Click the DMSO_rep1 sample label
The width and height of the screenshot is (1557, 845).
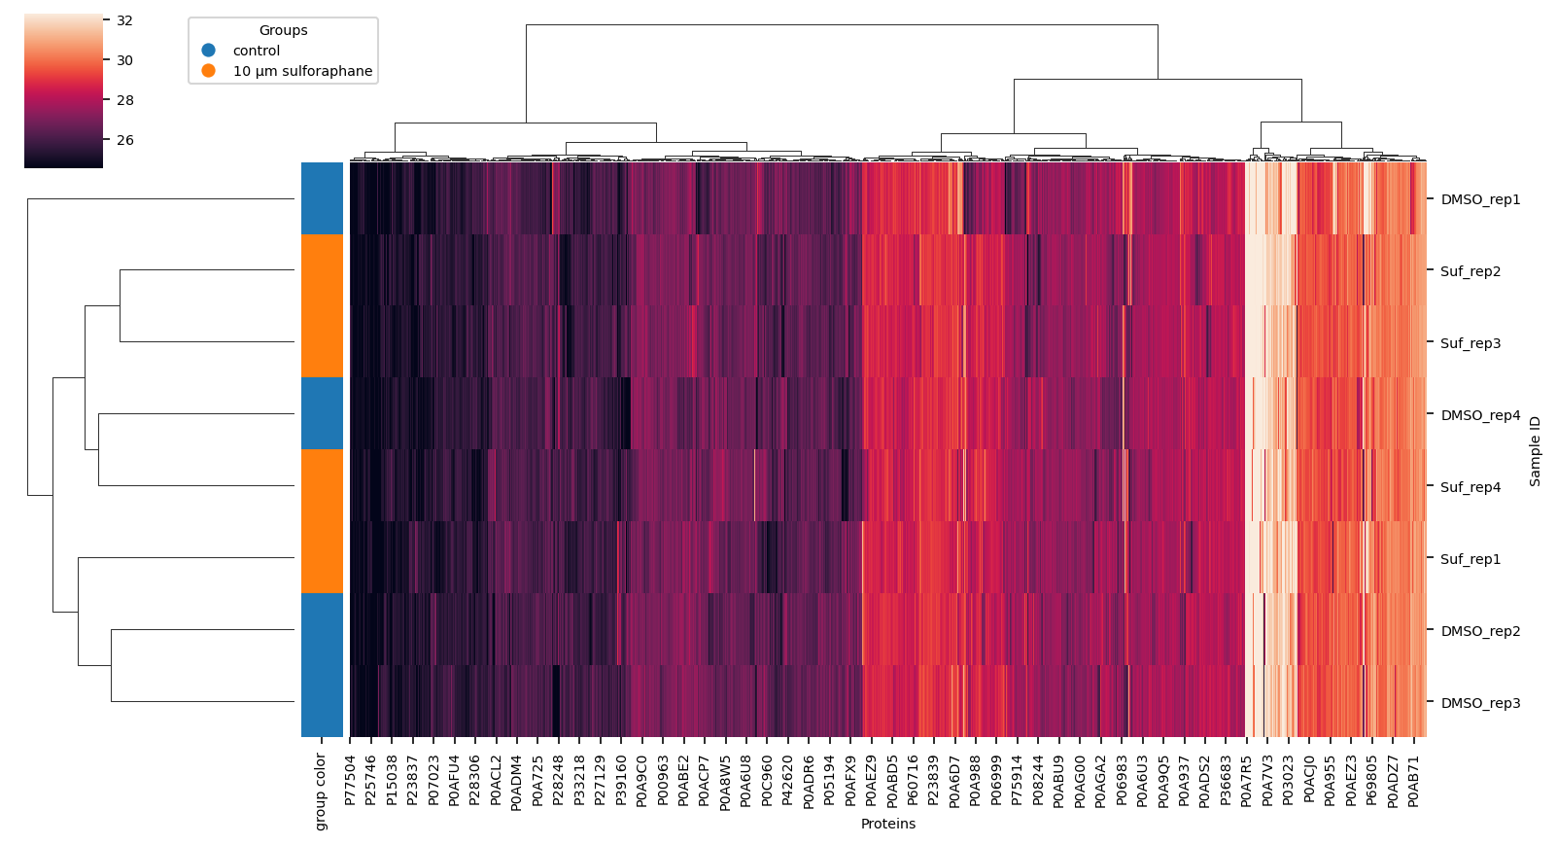pyautogui.click(x=1479, y=199)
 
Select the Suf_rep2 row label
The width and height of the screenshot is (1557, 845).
pyautogui.click(x=1470, y=271)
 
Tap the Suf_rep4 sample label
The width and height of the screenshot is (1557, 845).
pyautogui.click(x=1470, y=487)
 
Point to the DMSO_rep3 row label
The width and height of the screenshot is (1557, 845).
pyautogui.click(x=1479, y=703)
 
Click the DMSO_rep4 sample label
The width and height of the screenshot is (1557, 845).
pyautogui.click(x=1479, y=415)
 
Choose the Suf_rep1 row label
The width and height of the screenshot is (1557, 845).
pyautogui.click(x=1470, y=559)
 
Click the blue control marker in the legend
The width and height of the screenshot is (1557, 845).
pyautogui.click(x=208, y=51)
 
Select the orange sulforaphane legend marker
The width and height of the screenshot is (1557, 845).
pyautogui.click(x=208, y=71)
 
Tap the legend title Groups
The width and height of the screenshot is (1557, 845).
pyautogui.click(x=283, y=30)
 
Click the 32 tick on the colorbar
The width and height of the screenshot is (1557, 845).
pyautogui.click(x=124, y=20)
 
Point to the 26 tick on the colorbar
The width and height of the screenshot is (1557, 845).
pyautogui.click(x=124, y=140)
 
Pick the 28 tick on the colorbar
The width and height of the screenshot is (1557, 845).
pyautogui.click(x=124, y=100)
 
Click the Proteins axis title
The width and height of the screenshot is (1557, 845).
pyautogui.click(x=887, y=824)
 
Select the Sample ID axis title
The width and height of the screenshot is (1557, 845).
pyautogui.click(x=1535, y=450)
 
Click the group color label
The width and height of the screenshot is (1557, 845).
pyautogui.click(x=321, y=792)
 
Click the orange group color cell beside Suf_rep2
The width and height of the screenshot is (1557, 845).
pyautogui.click(x=322, y=271)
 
